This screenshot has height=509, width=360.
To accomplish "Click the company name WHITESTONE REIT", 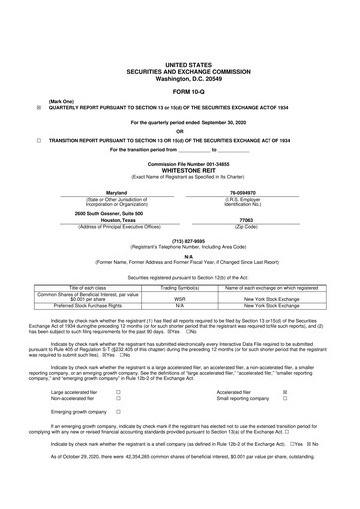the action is pos(181,169).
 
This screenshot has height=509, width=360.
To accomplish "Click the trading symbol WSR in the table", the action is pos(181,297).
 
